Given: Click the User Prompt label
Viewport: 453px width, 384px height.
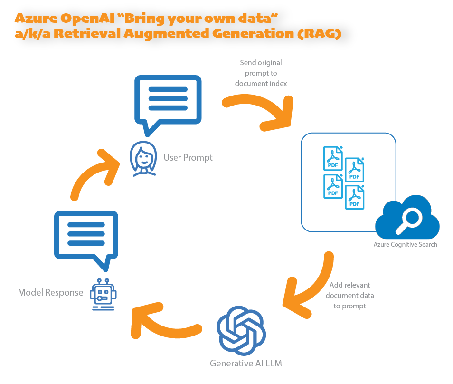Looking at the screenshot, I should [188, 157].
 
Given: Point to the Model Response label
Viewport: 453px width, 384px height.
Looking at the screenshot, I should [50, 293].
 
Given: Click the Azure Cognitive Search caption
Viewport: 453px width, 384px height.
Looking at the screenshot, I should [405, 244].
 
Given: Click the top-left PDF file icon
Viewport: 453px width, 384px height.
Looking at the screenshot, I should [333, 158].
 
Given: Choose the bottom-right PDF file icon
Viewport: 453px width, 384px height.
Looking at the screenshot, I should [355, 197].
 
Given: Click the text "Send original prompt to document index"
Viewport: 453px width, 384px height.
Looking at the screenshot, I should [261, 73].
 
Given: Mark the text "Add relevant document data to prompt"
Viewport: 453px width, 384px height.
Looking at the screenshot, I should [349, 296].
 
